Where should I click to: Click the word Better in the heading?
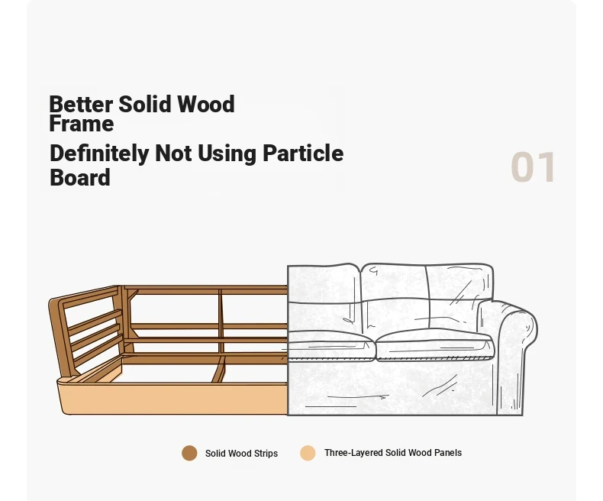81,105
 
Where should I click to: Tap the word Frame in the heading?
82,124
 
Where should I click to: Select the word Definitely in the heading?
99,154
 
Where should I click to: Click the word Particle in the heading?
303,154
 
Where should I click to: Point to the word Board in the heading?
80,177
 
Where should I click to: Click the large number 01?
533,167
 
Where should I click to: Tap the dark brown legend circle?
189,454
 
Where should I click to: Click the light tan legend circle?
308,454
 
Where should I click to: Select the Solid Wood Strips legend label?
241,454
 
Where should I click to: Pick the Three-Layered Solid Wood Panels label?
393,453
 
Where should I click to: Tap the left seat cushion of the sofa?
331,345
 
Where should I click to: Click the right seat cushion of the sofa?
434,344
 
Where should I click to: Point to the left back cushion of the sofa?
324,298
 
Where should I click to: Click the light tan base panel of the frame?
173,399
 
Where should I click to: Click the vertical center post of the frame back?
221,322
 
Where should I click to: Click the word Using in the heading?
227,154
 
